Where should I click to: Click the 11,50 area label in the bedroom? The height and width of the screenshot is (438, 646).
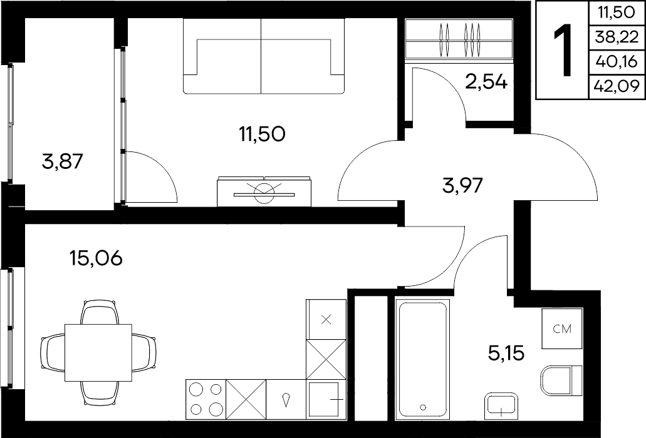point(262,134)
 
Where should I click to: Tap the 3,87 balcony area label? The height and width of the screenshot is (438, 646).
point(63,161)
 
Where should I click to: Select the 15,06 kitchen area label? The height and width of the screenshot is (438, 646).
point(96,258)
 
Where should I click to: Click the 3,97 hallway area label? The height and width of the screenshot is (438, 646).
point(462,185)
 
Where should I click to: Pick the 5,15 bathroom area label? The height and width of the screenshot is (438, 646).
point(506,354)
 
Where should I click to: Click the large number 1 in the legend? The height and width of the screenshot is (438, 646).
point(563,50)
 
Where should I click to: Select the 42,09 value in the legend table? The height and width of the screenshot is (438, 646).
point(617,86)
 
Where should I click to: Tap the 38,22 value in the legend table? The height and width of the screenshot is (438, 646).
point(616,38)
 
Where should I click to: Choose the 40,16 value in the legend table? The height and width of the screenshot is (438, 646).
point(617,62)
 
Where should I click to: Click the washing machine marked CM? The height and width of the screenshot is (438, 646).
point(563,328)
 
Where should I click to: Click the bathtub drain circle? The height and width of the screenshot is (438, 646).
point(423,407)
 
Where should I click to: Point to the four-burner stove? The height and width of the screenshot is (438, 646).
point(206,399)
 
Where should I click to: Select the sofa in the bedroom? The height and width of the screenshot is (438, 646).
point(263,56)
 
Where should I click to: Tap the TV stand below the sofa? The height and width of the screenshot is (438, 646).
point(264,191)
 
